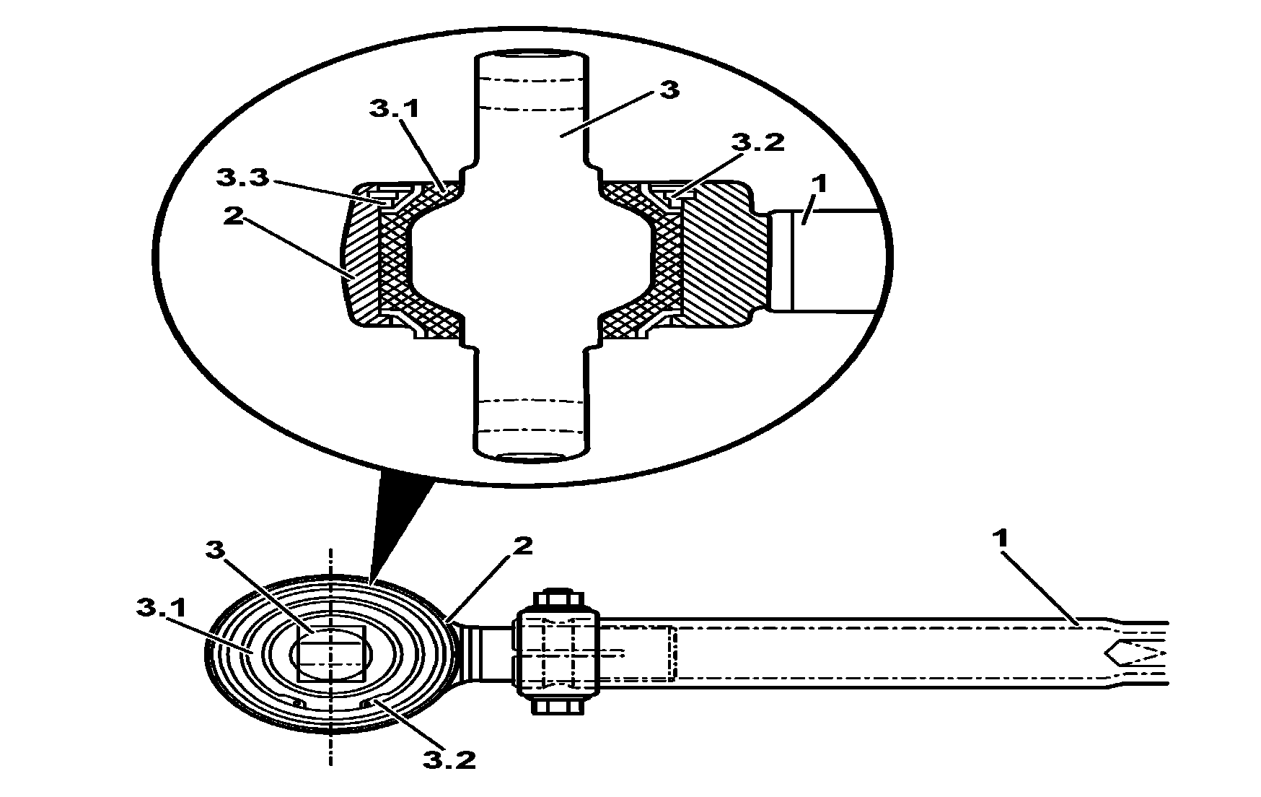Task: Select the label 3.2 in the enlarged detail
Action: point(757,142)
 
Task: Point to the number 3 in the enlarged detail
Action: point(669,92)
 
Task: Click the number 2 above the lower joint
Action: point(524,546)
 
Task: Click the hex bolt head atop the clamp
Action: point(558,600)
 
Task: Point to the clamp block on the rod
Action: point(557,653)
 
